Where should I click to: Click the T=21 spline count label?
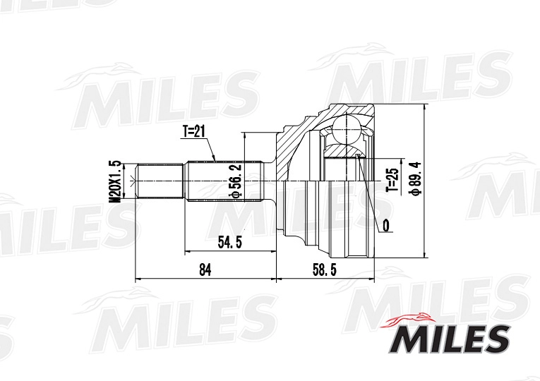click(193, 132)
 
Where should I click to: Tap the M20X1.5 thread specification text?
click(114, 181)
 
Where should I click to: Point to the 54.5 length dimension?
click(230, 243)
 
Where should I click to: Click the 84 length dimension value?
click(205, 270)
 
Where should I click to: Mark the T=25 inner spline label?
click(392, 181)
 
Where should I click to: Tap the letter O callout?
click(385, 226)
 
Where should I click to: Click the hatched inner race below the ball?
click(343, 150)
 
